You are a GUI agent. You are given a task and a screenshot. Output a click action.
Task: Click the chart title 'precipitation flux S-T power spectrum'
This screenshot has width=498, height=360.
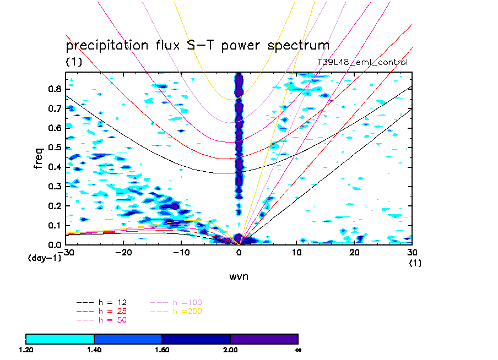[197, 46]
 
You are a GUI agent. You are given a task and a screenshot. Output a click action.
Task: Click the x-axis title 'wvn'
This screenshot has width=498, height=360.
[239, 276]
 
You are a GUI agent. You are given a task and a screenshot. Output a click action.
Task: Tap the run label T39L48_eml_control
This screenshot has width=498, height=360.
[362, 62]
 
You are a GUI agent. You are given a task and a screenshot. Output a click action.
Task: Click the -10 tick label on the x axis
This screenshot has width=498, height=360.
[181, 252]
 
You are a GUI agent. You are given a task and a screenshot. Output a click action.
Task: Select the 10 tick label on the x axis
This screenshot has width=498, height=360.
[297, 252]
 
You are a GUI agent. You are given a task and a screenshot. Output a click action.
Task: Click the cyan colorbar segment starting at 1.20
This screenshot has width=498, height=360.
[60, 339]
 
